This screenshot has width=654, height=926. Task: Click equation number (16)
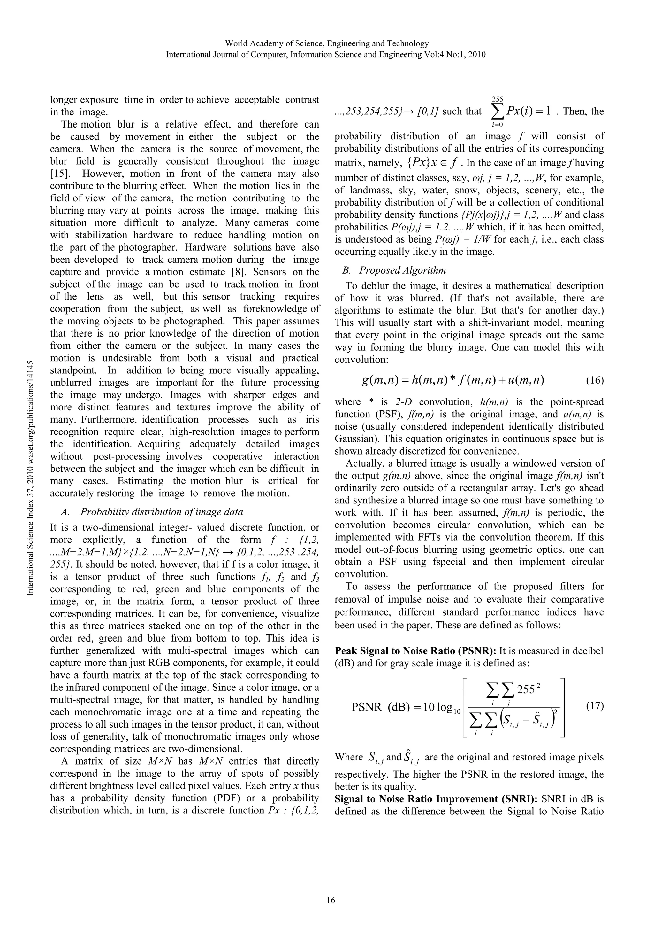point(594,381)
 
